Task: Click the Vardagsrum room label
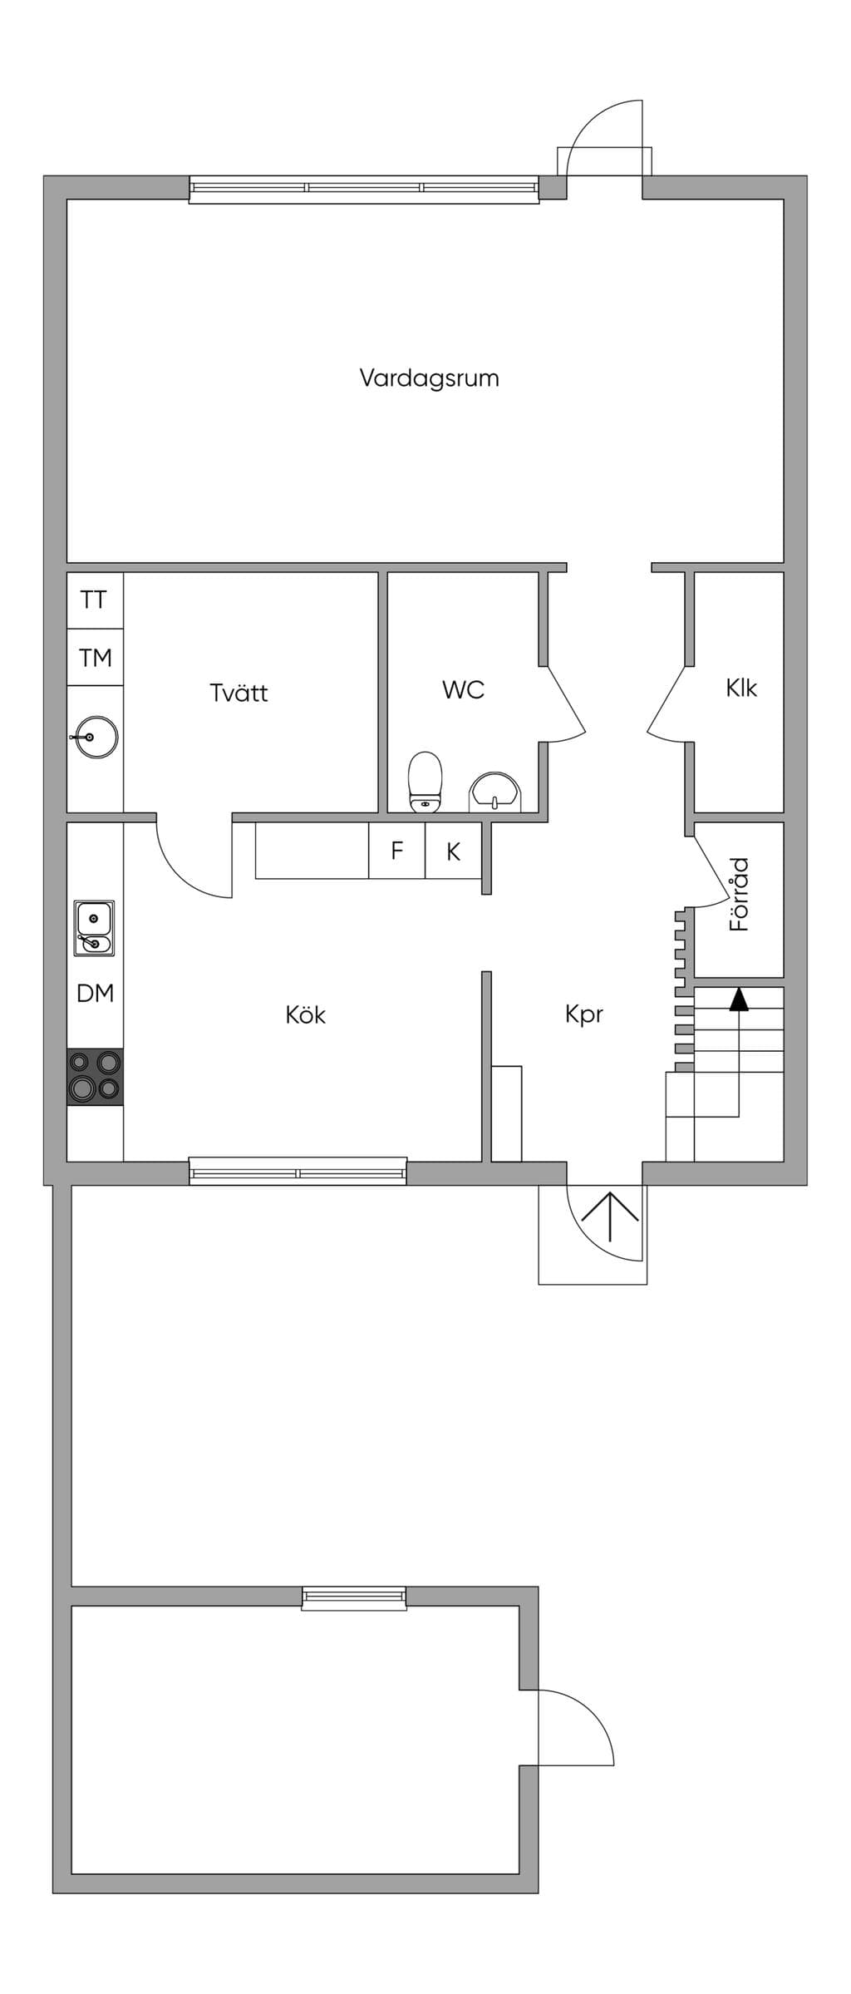[429, 378]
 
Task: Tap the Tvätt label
[239, 692]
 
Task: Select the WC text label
[463, 689]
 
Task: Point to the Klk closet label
[741, 688]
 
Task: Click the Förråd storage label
[740, 894]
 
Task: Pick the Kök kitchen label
[305, 1014]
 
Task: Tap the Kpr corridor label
[583, 1014]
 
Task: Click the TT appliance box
[95, 600]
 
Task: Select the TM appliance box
[95, 658]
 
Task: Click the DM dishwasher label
[95, 993]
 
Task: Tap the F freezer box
[397, 851]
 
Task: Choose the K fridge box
[454, 851]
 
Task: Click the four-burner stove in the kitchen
[95, 1077]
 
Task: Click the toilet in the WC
[425, 782]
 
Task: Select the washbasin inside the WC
[496, 791]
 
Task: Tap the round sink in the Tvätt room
[96, 737]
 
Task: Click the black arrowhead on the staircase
[739, 999]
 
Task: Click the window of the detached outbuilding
[354, 1598]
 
